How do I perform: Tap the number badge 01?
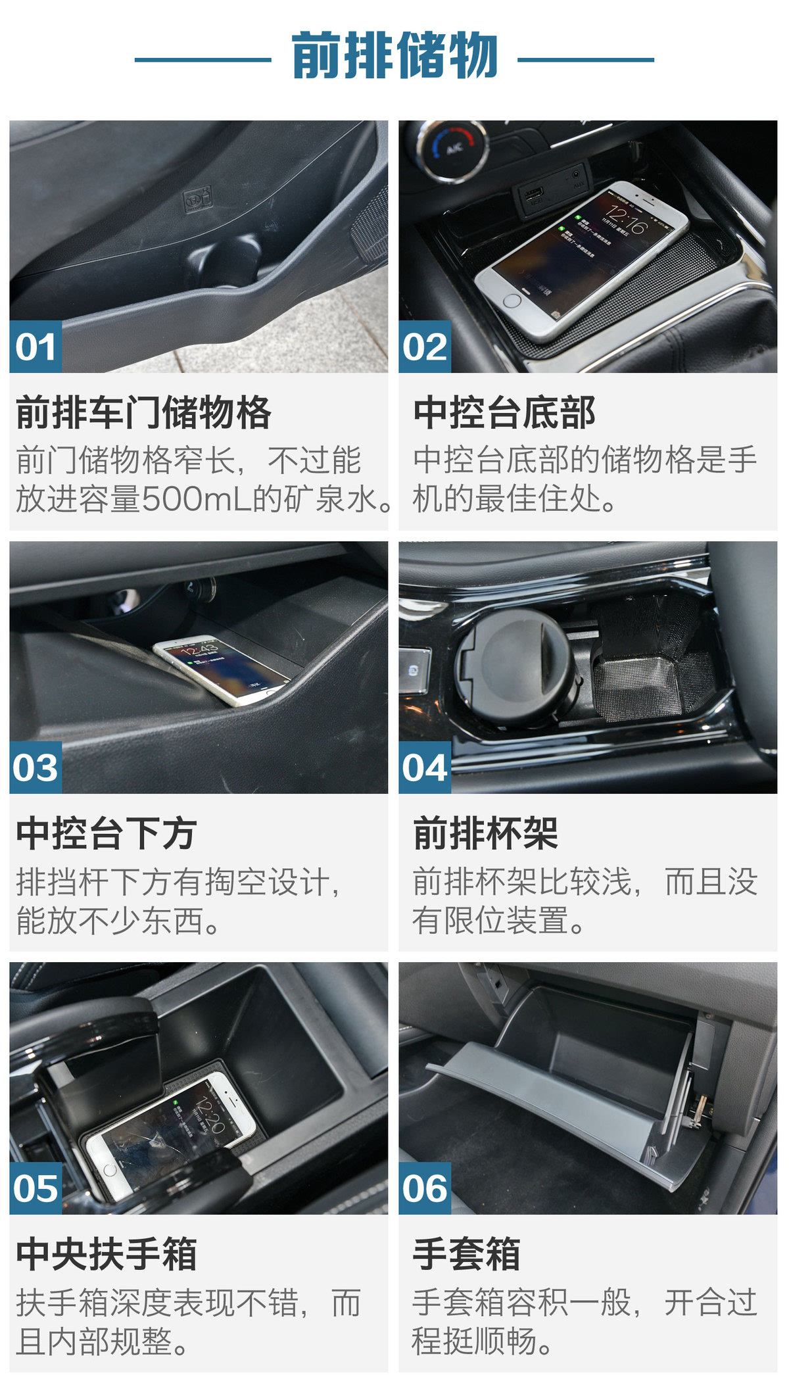36,347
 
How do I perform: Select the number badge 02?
425,347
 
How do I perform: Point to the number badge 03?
36,767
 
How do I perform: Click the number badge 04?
425,767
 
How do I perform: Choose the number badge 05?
36,1188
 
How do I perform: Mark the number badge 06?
425,1188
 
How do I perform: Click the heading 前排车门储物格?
143,413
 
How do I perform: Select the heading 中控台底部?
504,413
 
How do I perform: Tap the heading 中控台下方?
107,834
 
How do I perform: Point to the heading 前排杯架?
486,834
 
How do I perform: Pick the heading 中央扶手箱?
107,1255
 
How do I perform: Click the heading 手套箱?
467,1255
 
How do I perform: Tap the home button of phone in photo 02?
512,301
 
